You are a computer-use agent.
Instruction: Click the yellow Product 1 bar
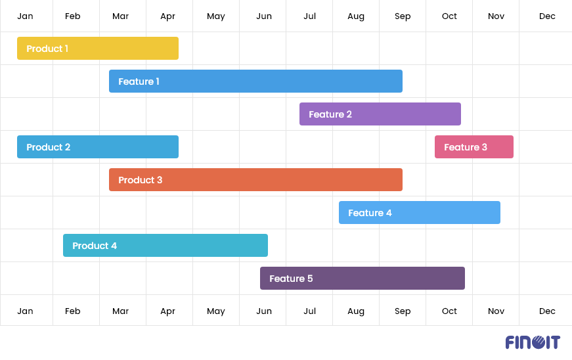pos(98,49)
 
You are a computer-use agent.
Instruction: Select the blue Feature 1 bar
pos(255,81)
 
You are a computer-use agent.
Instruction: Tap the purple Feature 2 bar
pos(380,114)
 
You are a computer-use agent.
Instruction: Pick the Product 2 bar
pos(98,147)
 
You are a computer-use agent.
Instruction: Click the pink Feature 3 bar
pos(474,147)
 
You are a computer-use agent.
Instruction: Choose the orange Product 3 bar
pos(255,180)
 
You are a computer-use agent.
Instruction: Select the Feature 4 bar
pos(420,213)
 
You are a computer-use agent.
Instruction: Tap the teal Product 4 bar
pos(165,246)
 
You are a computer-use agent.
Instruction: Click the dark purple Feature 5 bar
pos(363,279)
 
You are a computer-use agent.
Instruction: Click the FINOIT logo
pos(533,342)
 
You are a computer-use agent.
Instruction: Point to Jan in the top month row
pos(25,16)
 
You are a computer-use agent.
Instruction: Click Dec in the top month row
pos(547,16)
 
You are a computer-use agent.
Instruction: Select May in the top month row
pos(216,16)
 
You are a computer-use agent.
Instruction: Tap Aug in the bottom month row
pos(356,311)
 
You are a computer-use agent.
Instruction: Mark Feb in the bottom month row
pos(73,311)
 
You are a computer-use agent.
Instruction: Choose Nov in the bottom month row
pos(496,311)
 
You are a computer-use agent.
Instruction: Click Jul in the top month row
pos(310,16)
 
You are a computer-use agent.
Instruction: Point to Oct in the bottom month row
pos(449,311)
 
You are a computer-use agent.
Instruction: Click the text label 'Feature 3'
pos(466,147)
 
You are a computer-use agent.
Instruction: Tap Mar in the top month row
pos(120,16)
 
